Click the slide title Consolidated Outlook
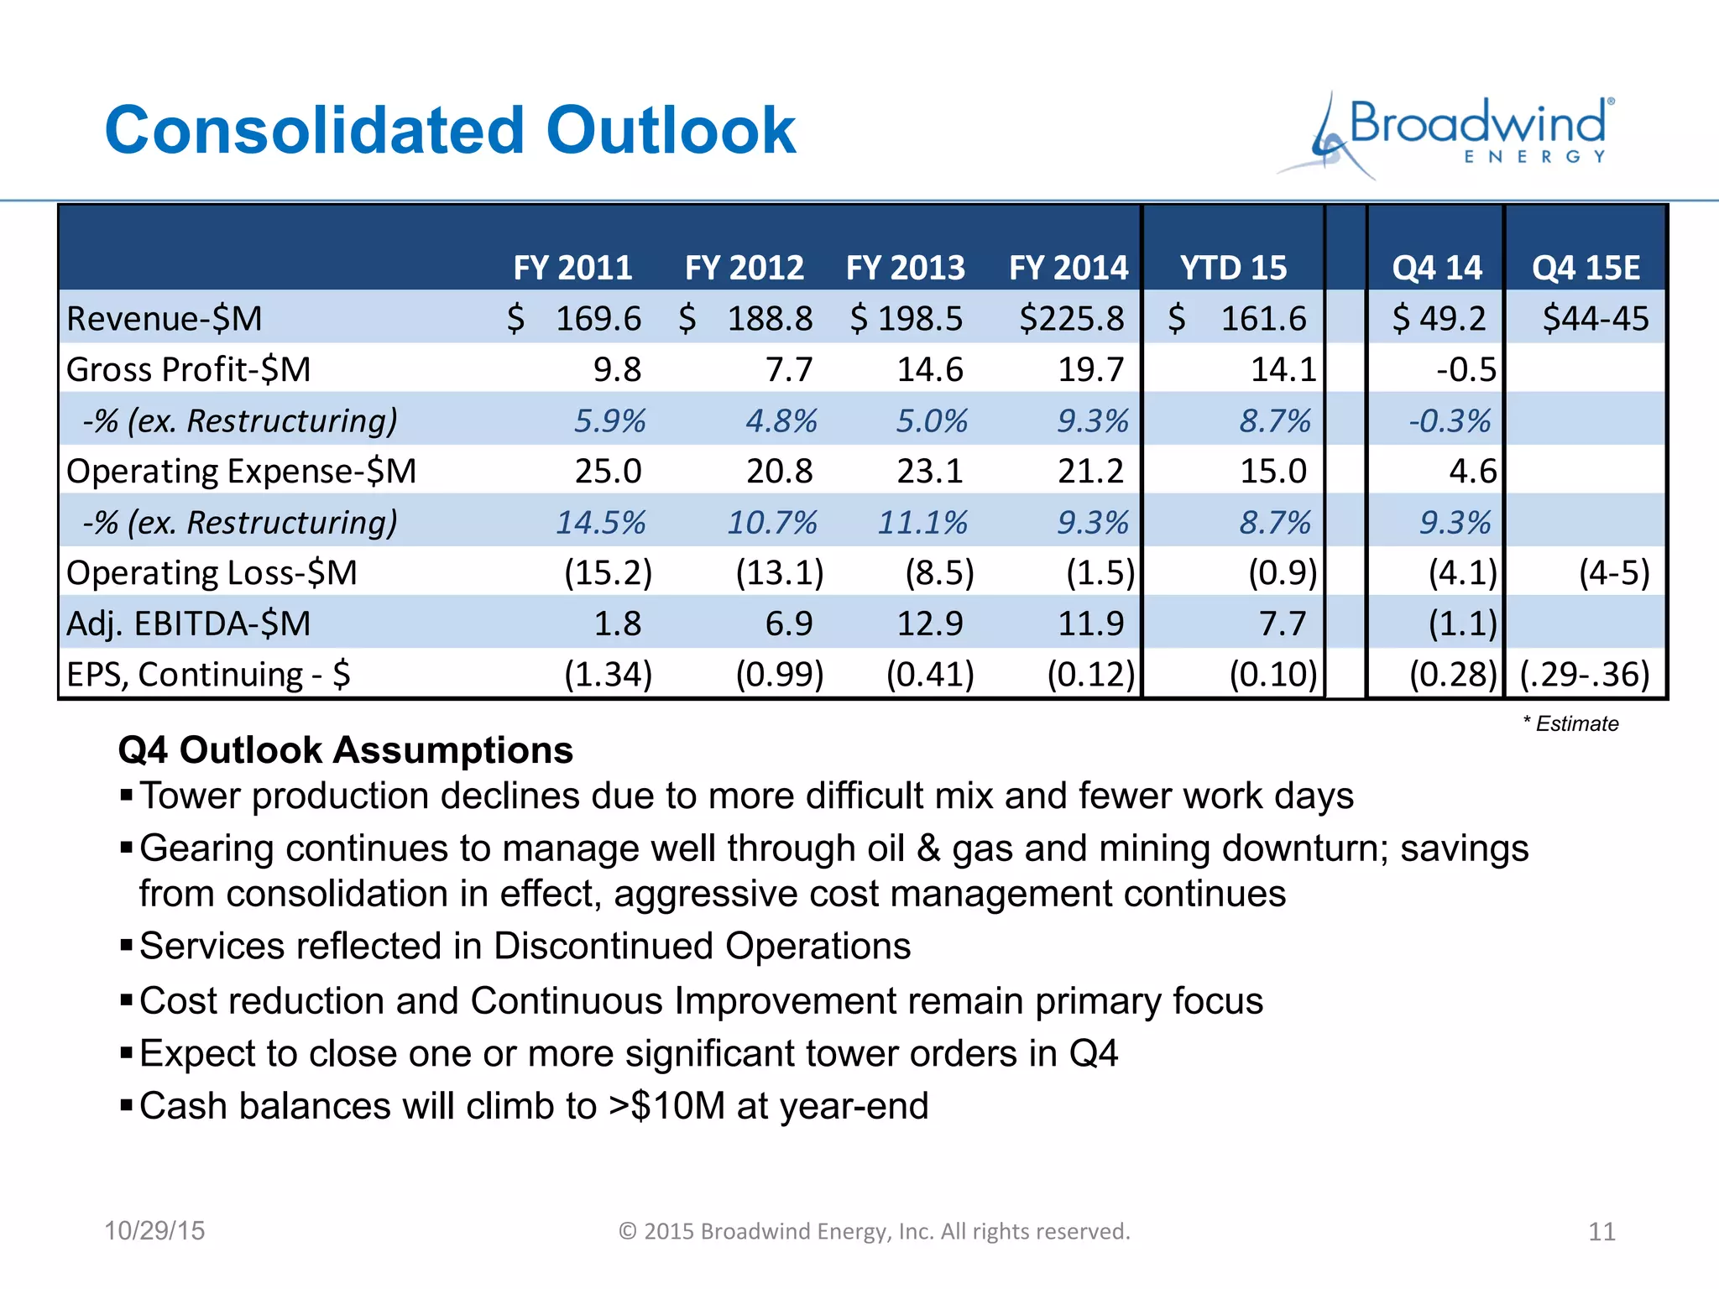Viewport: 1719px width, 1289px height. point(450,131)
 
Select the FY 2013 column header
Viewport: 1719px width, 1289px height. point(905,268)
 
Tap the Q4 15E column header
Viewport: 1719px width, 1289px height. point(1585,268)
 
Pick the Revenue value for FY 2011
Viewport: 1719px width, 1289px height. point(598,319)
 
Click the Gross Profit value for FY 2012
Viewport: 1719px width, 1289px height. point(788,369)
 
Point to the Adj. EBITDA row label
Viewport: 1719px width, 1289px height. point(189,624)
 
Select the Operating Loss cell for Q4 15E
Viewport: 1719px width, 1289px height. point(1613,572)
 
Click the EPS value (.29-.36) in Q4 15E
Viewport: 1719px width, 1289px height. point(1585,674)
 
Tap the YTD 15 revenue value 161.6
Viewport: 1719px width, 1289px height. point(1262,319)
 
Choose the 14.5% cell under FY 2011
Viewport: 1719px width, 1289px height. point(600,522)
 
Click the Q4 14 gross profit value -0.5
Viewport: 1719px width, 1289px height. point(1466,369)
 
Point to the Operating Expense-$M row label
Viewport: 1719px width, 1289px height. point(242,471)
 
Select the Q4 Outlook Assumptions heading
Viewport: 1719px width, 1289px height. point(345,749)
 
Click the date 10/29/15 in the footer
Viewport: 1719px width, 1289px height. point(154,1230)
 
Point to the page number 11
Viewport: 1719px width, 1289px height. point(1601,1231)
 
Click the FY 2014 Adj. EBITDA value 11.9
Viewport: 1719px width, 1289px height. point(1089,624)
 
